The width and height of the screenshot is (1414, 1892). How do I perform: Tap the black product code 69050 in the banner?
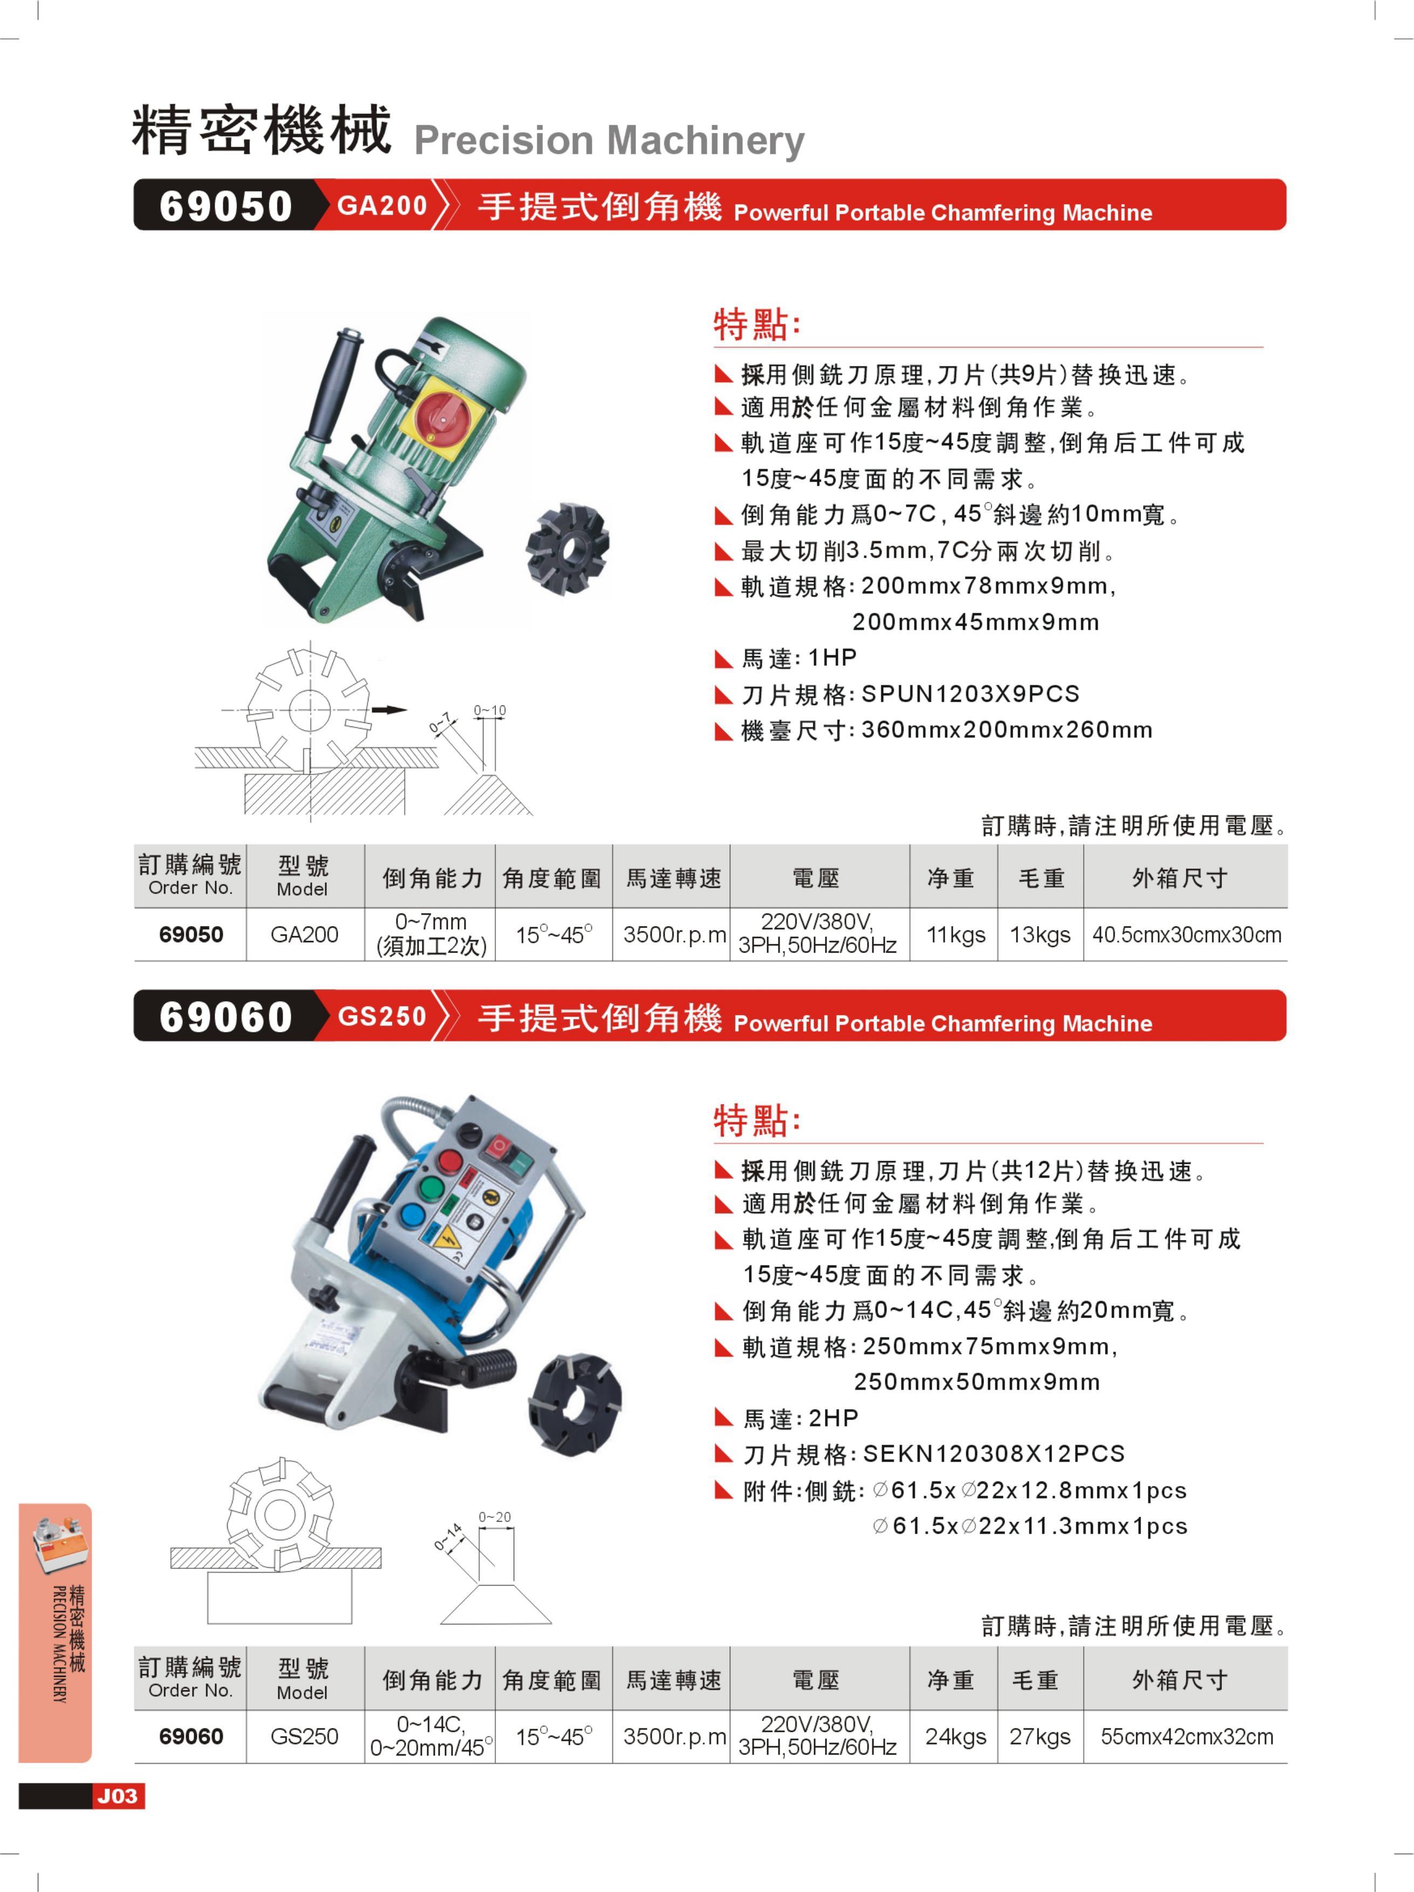tap(226, 206)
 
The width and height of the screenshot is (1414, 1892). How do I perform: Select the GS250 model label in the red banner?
tap(382, 1016)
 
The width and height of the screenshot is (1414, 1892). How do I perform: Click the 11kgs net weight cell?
tap(955, 934)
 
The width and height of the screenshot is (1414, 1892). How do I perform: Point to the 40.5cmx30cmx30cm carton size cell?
tap(1186, 934)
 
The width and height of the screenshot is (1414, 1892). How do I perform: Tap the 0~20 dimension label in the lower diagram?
tap(494, 1517)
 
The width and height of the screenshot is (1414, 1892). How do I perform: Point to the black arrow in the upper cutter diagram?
tap(388, 709)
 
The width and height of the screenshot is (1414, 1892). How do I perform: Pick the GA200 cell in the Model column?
tap(304, 934)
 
